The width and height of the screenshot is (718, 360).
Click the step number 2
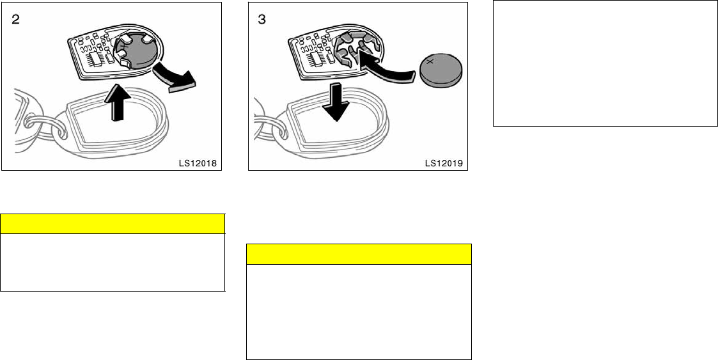[13, 19]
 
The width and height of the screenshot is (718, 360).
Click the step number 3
[261, 19]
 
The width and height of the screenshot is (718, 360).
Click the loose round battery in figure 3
[441, 70]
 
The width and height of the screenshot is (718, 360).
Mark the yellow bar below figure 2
[113, 224]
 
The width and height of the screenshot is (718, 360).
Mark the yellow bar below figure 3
[359, 254]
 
